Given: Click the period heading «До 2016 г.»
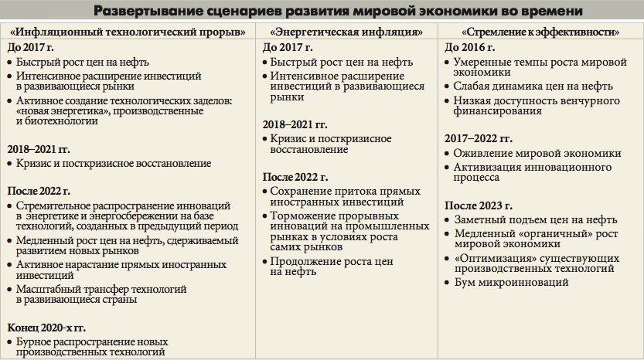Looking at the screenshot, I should tap(469, 47).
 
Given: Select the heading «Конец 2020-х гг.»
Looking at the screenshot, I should tap(48, 327).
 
